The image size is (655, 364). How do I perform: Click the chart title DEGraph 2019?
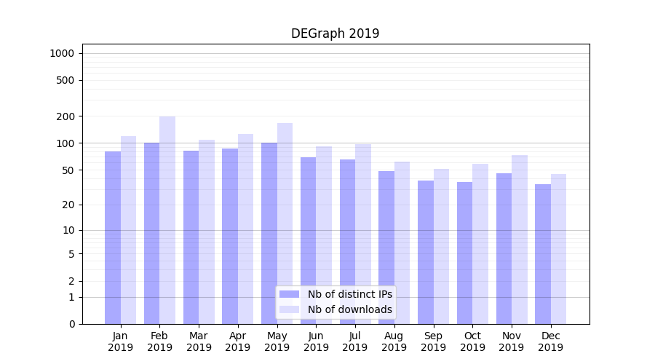click(x=335, y=33)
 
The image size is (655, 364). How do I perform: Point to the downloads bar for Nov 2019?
click(x=520, y=240)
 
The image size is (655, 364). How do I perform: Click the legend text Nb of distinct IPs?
click(x=350, y=294)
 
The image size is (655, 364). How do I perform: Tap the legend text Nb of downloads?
click(x=350, y=309)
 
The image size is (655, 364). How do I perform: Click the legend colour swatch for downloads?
click(x=290, y=309)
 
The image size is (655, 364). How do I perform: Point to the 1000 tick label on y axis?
click(x=62, y=53)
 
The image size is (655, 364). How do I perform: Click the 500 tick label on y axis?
click(x=66, y=80)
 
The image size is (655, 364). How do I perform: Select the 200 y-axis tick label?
click(x=66, y=116)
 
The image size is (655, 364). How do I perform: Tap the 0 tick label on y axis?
click(x=72, y=324)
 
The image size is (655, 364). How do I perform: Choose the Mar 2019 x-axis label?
click(x=199, y=341)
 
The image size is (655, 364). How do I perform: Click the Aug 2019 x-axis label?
click(x=394, y=341)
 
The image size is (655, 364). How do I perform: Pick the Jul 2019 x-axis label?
click(x=355, y=341)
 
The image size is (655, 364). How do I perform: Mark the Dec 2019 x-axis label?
click(x=550, y=341)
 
